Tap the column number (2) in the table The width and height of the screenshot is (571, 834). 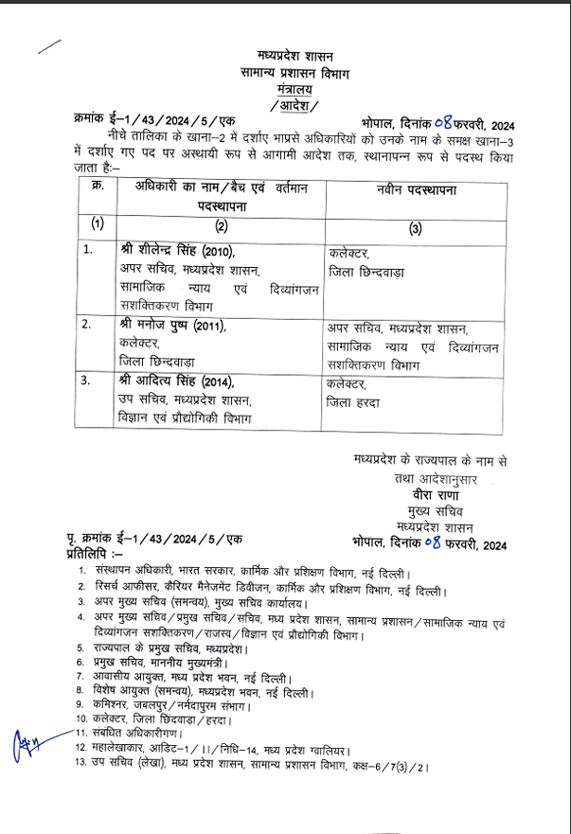pos(221,225)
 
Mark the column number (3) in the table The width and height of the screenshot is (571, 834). pos(415,226)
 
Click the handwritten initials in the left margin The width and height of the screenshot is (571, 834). pos(31,740)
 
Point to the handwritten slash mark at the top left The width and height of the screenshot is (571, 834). pos(47,47)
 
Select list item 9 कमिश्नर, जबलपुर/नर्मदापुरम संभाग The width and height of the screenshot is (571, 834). pos(166,705)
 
